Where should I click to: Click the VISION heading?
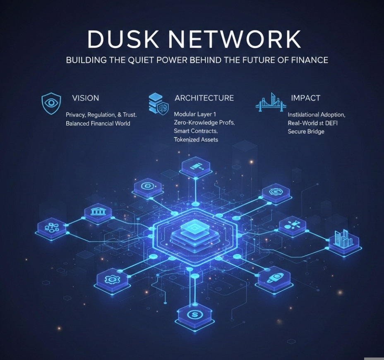point(85,98)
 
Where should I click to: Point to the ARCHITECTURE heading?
point(204,98)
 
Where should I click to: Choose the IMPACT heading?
point(305,98)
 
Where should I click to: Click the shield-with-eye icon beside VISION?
point(51,103)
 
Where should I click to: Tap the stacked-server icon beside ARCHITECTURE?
point(158,103)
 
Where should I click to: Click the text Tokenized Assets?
point(196,139)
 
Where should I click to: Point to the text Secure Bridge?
point(306,132)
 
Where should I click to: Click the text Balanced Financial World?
point(98,123)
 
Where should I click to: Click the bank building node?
point(98,212)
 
